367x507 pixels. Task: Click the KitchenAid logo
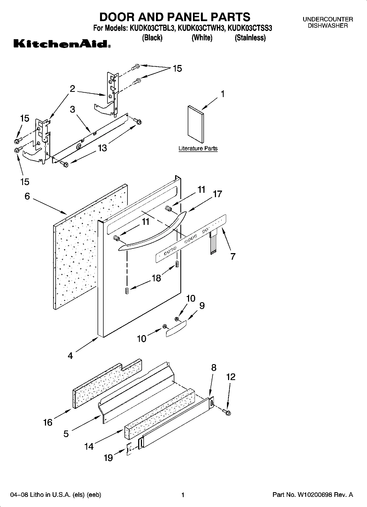62,44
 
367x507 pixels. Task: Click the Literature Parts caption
198,148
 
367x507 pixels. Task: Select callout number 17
217,194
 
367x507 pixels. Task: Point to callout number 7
233,256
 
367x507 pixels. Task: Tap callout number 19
108,458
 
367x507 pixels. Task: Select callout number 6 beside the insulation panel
27,196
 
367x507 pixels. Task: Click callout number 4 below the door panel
70,356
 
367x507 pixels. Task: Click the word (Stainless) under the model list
250,38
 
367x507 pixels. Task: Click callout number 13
102,148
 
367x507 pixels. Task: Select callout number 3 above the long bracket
72,109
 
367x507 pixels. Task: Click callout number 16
48,422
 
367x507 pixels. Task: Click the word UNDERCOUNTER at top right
328,19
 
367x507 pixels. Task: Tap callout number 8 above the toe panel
214,367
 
